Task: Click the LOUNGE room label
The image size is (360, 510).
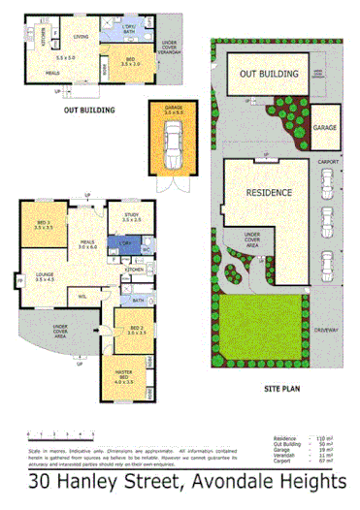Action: click(x=44, y=276)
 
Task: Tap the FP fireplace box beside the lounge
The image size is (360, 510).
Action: click(x=18, y=283)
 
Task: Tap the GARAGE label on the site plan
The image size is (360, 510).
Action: click(x=325, y=127)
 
